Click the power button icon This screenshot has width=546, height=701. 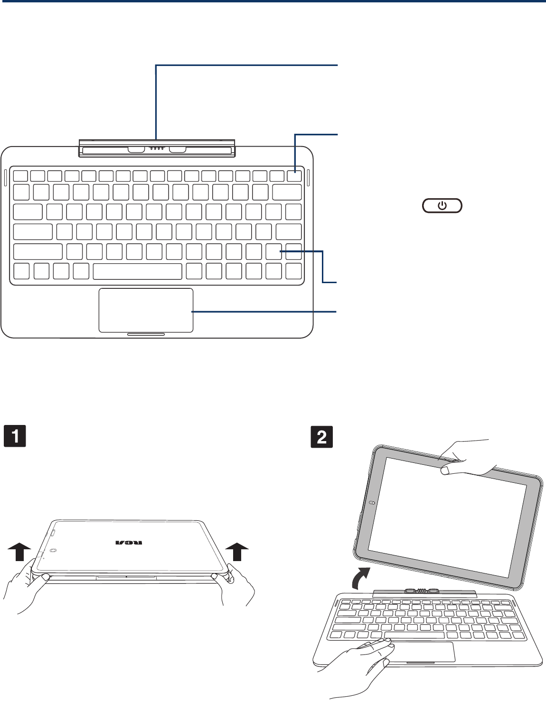point(442,206)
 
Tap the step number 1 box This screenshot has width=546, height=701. point(15,437)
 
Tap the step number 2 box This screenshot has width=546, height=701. point(321,437)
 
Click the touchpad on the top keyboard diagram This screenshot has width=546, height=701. point(146,310)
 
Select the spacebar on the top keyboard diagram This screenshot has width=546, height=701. point(137,271)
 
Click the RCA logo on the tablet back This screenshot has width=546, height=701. point(131,543)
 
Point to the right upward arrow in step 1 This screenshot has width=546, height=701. point(237,554)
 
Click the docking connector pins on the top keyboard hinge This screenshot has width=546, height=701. point(157,148)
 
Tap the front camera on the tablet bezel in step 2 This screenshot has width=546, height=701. point(373,503)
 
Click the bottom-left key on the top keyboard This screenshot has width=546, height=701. point(21,271)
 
